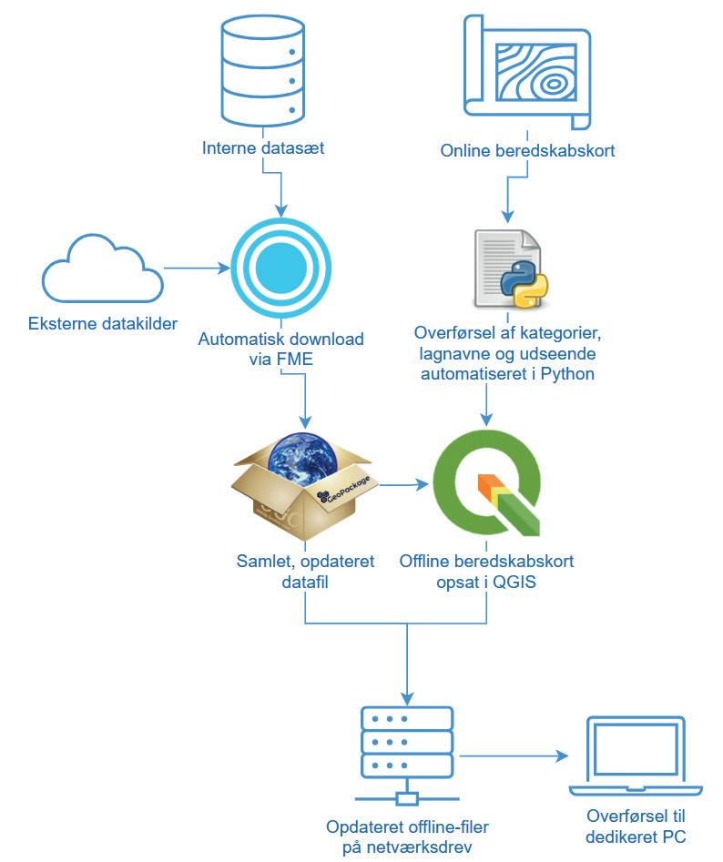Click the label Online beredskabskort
pos(527,151)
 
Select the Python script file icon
pos(507,270)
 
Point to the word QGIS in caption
pos(512,581)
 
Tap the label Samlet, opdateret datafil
pos(305,571)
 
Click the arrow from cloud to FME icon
pos(195,269)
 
